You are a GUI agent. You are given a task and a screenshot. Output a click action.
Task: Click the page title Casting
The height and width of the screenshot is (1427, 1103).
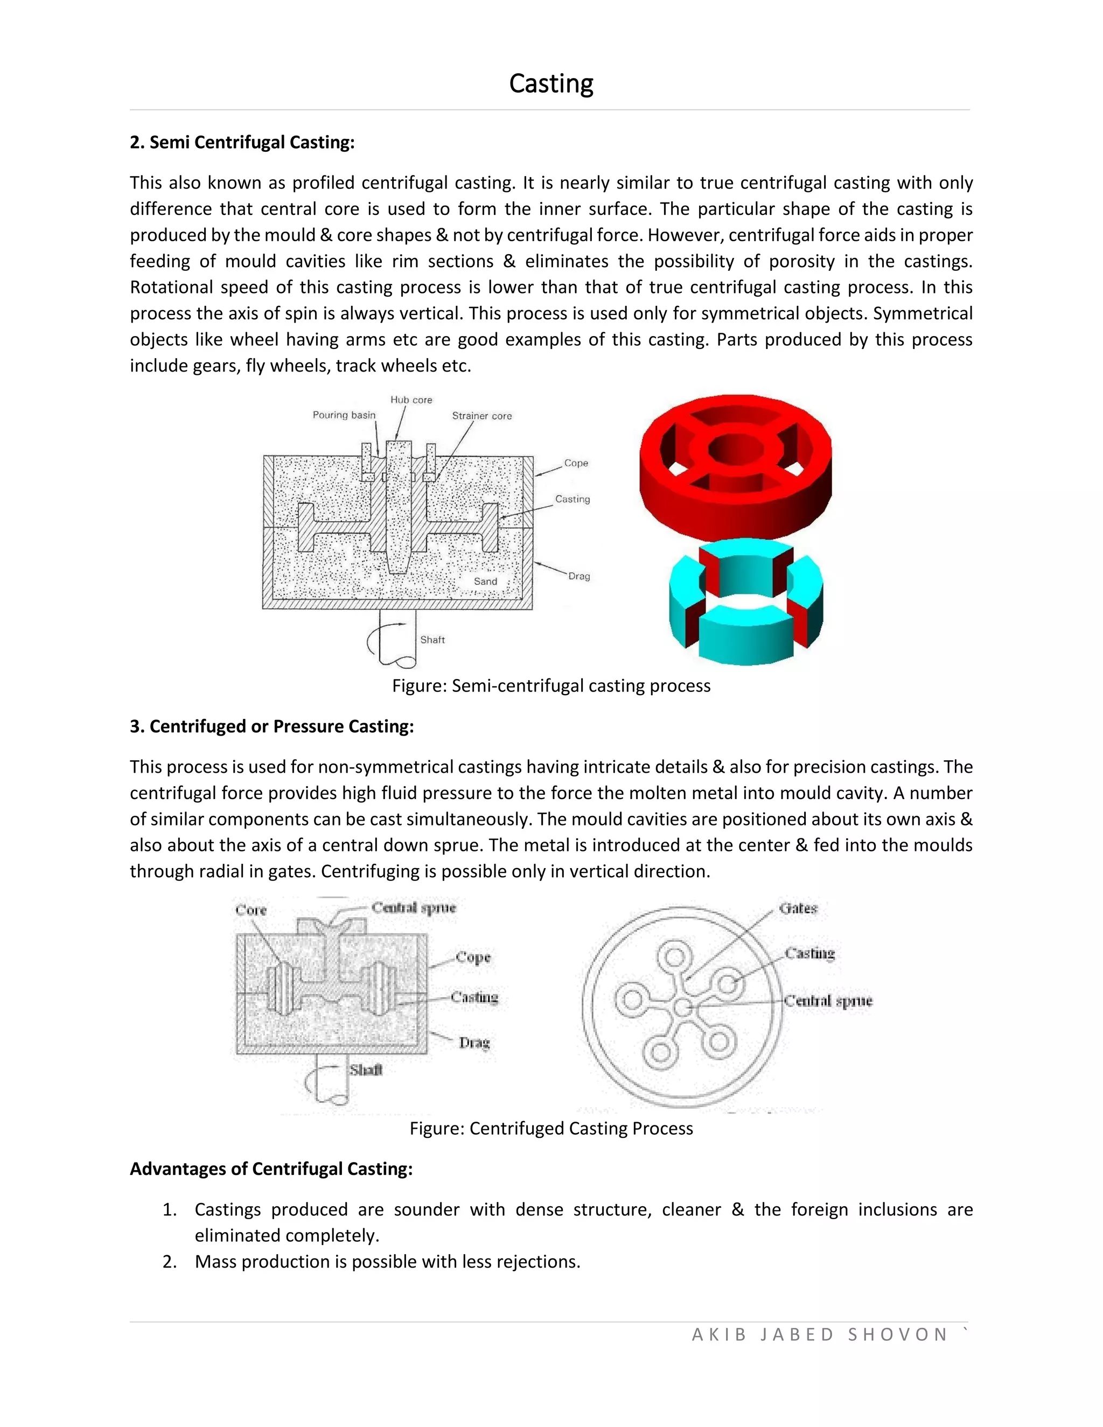pos(551,83)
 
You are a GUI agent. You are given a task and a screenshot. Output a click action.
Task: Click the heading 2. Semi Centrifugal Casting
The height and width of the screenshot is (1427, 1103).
pos(242,143)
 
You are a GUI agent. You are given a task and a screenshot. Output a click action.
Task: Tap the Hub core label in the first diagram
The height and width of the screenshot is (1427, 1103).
pos(411,400)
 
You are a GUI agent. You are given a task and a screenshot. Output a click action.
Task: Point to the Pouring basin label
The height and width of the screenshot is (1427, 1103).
pos(344,415)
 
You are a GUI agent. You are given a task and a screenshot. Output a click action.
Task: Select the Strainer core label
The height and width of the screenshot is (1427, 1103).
pos(481,416)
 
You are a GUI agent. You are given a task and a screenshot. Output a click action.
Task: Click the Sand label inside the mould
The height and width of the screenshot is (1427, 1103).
pos(485,582)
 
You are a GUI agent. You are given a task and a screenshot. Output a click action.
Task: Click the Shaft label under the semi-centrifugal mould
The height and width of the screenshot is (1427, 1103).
pos(432,640)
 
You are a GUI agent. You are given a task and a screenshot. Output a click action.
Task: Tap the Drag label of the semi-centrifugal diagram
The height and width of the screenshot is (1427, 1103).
pos(579,576)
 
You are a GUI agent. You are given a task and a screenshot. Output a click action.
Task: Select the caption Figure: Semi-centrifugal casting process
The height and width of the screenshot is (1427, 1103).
pos(551,685)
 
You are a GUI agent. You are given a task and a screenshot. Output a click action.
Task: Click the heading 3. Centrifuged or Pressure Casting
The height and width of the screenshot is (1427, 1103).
pos(272,726)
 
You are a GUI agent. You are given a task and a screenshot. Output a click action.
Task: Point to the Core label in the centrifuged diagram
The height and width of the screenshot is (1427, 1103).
pos(251,910)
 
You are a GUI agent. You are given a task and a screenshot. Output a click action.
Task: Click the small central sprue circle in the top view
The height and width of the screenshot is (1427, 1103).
pos(683,1007)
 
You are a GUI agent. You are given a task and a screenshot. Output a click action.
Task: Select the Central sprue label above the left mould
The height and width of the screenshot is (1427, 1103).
pos(414,907)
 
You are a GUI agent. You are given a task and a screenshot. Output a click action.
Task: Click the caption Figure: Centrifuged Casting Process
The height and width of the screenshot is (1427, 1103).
pos(551,1128)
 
